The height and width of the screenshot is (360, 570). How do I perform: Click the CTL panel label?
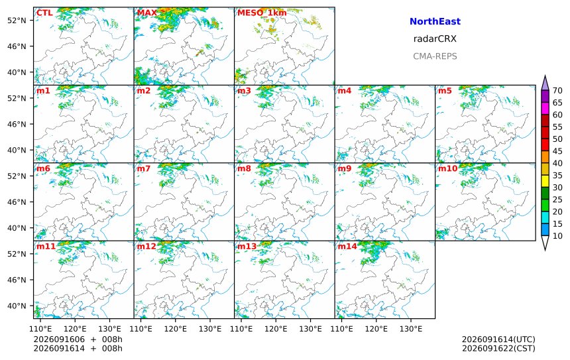44,13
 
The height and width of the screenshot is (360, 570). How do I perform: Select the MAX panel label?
147,13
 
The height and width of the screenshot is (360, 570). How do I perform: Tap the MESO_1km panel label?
262,13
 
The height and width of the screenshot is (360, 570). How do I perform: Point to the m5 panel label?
445,91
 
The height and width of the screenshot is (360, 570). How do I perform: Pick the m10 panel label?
447,168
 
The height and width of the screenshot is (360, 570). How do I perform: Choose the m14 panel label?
347,247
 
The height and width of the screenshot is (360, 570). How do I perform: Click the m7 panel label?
144,168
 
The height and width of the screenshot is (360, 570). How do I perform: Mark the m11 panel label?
46,247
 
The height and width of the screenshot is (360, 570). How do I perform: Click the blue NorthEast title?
435,21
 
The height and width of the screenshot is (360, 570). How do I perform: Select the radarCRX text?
435,39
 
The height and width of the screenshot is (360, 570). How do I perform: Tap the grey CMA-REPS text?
435,56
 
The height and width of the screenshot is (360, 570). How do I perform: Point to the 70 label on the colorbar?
557,91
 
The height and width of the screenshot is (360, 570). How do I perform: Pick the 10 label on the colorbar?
557,236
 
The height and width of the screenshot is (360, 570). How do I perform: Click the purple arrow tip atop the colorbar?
545,76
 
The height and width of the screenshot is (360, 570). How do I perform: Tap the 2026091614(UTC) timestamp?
498,339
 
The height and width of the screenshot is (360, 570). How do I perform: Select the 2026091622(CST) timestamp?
498,348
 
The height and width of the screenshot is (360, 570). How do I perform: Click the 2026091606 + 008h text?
78,339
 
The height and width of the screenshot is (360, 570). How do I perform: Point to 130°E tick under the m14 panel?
411,329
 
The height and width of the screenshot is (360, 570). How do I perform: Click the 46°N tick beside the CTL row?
17,46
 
